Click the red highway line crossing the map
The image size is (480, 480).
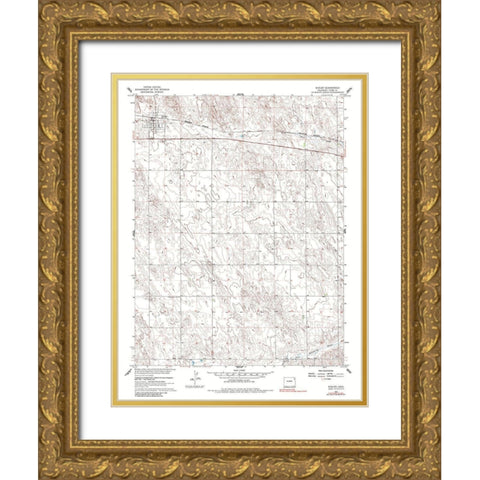(x=250, y=141)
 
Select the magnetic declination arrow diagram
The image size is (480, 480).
(x=196, y=382)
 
